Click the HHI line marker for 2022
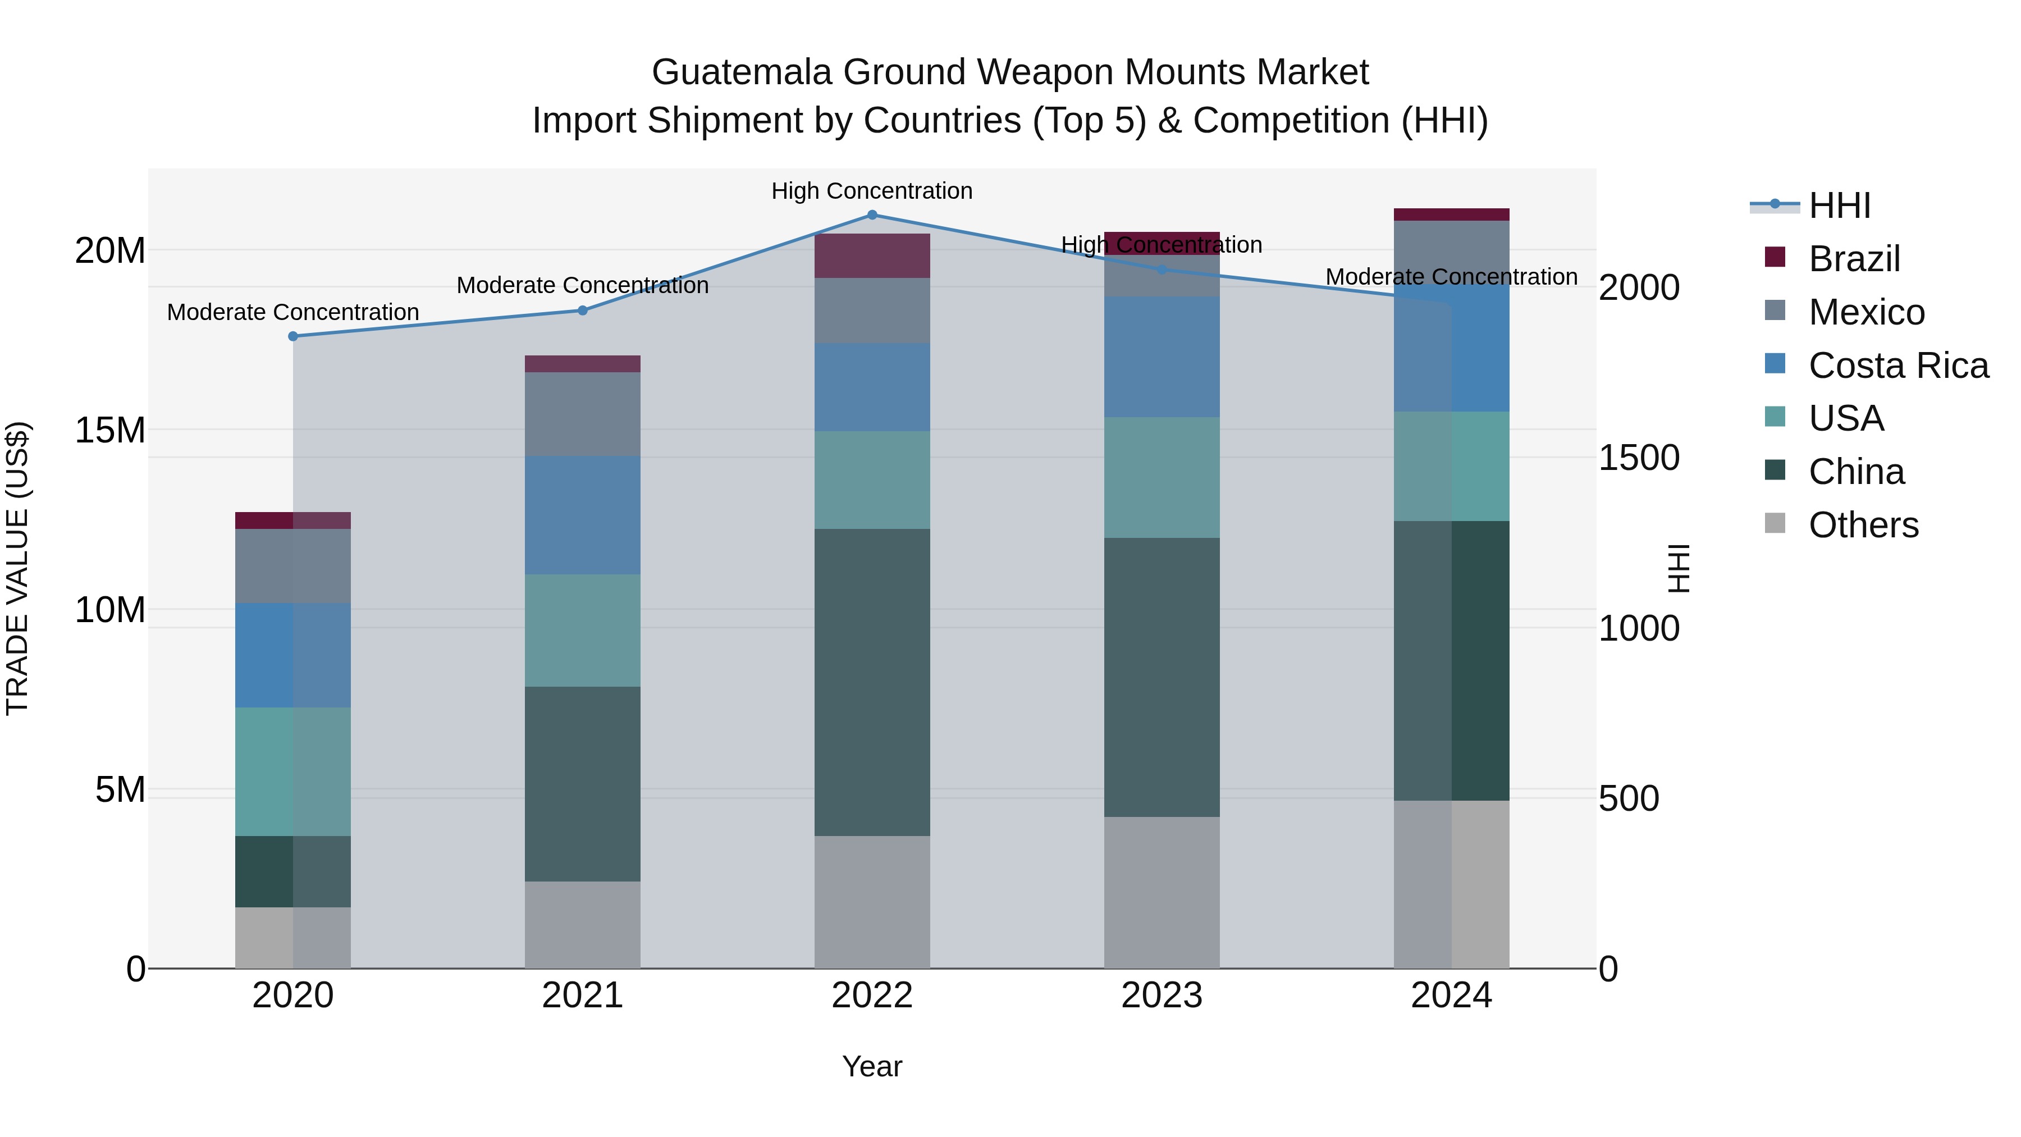click(872, 214)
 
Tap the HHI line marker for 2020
click(292, 336)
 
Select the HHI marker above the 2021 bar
click(582, 310)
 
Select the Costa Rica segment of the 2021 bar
click(582, 515)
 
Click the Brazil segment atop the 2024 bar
click(1451, 214)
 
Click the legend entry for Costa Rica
click(1898, 366)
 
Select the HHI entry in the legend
click(1839, 206)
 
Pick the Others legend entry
click(1863, 525)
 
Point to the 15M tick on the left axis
click(110, 430)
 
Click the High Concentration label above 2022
click(872, 191)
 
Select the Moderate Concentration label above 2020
click(292, 312)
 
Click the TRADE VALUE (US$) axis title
click(17, 568)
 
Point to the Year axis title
click(872, 1066)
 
